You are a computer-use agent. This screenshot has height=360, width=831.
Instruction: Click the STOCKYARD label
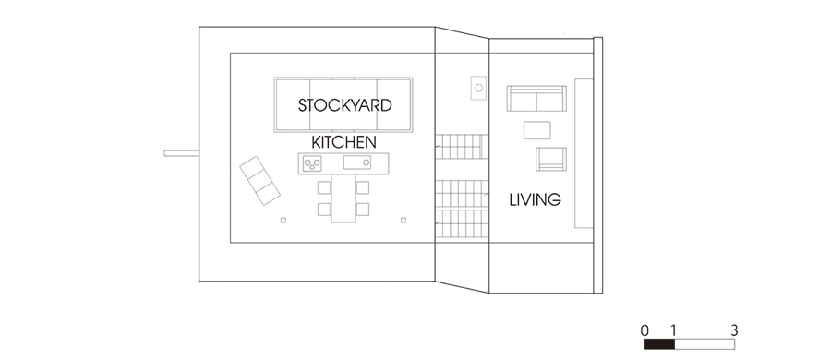[x=345, y=105]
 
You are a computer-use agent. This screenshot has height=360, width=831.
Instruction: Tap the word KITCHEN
[x=344, y=142]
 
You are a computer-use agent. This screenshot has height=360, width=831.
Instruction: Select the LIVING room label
[x=536, y=200]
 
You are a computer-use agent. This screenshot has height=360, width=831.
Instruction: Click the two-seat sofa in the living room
[x=536, y=99]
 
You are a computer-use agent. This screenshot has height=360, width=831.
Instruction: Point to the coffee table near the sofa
[x=536, y=130]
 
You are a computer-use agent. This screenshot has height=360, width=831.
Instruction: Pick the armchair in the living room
[x=551, y=159]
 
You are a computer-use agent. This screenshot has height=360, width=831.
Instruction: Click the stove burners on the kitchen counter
[x=312, y=162]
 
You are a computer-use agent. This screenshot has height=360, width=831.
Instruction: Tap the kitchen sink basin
[x=357, y=162]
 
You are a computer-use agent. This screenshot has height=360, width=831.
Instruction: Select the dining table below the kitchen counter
[x=343, y=198]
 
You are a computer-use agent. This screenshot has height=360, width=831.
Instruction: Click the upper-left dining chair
[x=324, y=187]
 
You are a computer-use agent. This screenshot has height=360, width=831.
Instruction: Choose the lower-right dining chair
[x=363, y=210]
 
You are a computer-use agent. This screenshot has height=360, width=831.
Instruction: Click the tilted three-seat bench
[x=259, y=181]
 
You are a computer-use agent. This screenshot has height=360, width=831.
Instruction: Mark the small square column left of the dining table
[x=283, y=220]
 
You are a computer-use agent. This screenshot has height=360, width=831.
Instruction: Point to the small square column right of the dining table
[x=403, y=220]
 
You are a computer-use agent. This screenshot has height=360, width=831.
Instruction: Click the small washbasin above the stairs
[x=478, y=88]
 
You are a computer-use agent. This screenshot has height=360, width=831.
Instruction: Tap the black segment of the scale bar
[x=660, y=344]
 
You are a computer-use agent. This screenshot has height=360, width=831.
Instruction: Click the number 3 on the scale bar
[x=734, y=330]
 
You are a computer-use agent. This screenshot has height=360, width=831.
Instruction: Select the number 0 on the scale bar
[x=644, y=330]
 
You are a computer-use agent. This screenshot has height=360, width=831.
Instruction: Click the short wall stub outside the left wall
[x=182, y=153]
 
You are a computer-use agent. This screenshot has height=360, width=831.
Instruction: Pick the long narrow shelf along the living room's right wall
[x=584, y=153]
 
